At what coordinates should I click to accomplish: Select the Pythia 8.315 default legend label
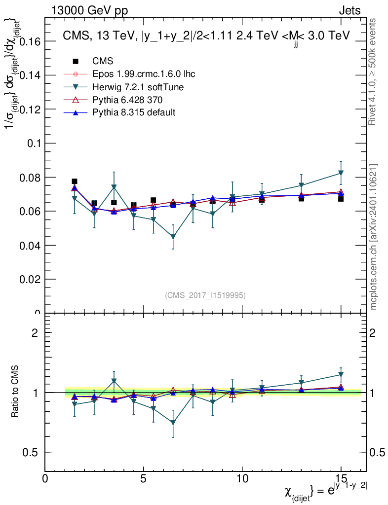pyautogui.click(x=134, y=112)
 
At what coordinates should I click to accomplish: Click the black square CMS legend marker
pyautogui.click(x=76, y=61)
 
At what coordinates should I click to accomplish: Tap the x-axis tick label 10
pyautogui.click(x=242, y=479)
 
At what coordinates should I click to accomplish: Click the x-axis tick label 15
pyautogui.click(x=341, y=479)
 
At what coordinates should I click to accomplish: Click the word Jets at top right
pyautogui.click(x=349, y=11)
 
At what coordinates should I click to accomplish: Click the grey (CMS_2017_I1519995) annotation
pyautogui.click(x=205, y=295)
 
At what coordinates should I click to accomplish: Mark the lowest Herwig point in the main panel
pyautogui.click(x=173, y=237)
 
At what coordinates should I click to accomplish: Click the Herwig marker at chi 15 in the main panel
pyautogui.click(x=341, y=173)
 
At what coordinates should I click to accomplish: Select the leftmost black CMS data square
pyautogui.click(x=75, y=181)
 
